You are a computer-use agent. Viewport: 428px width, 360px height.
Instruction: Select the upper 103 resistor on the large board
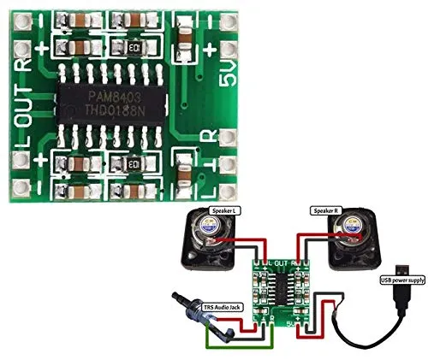(134, 47)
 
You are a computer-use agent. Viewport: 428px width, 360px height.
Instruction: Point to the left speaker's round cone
(210, 232)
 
